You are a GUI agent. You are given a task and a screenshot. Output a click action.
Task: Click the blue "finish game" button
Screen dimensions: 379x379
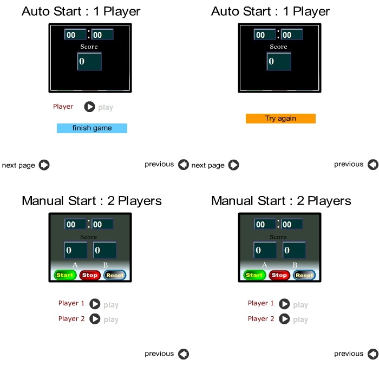coord(92,128)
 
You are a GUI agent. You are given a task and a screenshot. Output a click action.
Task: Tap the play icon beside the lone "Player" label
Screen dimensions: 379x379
coord(89,107)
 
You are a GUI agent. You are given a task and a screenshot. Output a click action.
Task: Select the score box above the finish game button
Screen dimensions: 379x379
coord(89,61)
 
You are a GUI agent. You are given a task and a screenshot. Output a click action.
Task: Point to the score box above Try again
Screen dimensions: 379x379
coord(279,61)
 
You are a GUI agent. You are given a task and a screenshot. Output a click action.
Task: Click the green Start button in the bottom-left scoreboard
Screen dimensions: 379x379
coord(65,275)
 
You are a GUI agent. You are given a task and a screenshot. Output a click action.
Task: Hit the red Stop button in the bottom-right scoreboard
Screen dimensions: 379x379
coord(279,275)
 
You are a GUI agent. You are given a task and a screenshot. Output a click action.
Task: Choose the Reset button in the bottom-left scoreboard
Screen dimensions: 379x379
coord(115,275)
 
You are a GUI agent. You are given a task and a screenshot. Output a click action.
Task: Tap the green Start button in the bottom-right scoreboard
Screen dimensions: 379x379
coord(254,275)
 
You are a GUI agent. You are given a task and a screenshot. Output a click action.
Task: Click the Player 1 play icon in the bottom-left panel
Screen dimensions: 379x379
coord(95,304)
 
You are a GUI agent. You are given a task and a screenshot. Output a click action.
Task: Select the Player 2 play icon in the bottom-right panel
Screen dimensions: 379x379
coord(284,319)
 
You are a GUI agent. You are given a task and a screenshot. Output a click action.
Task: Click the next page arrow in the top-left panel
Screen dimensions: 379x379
coord(44,165)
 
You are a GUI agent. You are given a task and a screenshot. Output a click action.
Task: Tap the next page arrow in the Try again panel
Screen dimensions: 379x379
coord(234,165)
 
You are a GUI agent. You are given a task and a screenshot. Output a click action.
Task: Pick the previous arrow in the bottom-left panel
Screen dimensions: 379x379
coord(184,354)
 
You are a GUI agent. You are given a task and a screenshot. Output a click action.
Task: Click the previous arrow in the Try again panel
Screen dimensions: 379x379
coord(373,165)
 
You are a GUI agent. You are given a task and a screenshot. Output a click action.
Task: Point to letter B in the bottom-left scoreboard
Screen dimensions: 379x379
coord(106,265)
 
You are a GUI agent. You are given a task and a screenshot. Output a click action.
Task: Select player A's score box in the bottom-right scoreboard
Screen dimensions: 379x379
coord(265,250)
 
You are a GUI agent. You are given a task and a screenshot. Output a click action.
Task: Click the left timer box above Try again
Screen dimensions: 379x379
coord(264,35)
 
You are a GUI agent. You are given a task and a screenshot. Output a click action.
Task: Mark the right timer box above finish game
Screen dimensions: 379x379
coord(102,35)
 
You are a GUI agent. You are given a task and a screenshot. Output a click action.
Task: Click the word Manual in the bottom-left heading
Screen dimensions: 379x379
coord(43,201)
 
